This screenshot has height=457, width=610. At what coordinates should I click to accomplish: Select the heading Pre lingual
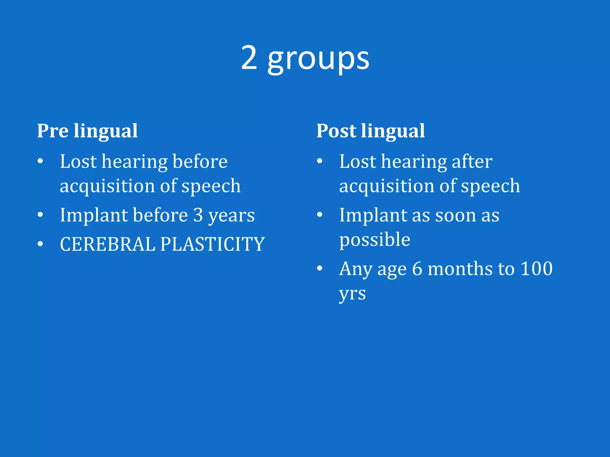[87, 131]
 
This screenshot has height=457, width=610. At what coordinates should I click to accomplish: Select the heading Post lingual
[370, 131]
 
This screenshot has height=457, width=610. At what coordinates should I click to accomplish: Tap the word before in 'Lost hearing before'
[200, 162]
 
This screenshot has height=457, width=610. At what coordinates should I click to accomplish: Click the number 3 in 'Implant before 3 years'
[198, 215]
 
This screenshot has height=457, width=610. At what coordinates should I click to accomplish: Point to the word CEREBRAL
[107, 244]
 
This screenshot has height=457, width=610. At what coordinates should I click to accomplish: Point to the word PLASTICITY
[212, 244]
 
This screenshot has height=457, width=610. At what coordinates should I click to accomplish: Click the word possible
[375, 240]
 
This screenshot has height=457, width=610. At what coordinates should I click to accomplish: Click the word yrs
[352, 294]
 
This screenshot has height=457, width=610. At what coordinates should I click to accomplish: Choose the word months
[460, 269]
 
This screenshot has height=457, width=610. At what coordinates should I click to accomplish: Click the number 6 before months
[417, 269]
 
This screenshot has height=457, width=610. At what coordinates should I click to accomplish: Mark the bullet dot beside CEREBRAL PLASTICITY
[41, 244]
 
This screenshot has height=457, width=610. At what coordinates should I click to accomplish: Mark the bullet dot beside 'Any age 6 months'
[320, 268]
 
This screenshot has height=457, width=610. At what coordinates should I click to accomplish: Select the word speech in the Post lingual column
[490, 186]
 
